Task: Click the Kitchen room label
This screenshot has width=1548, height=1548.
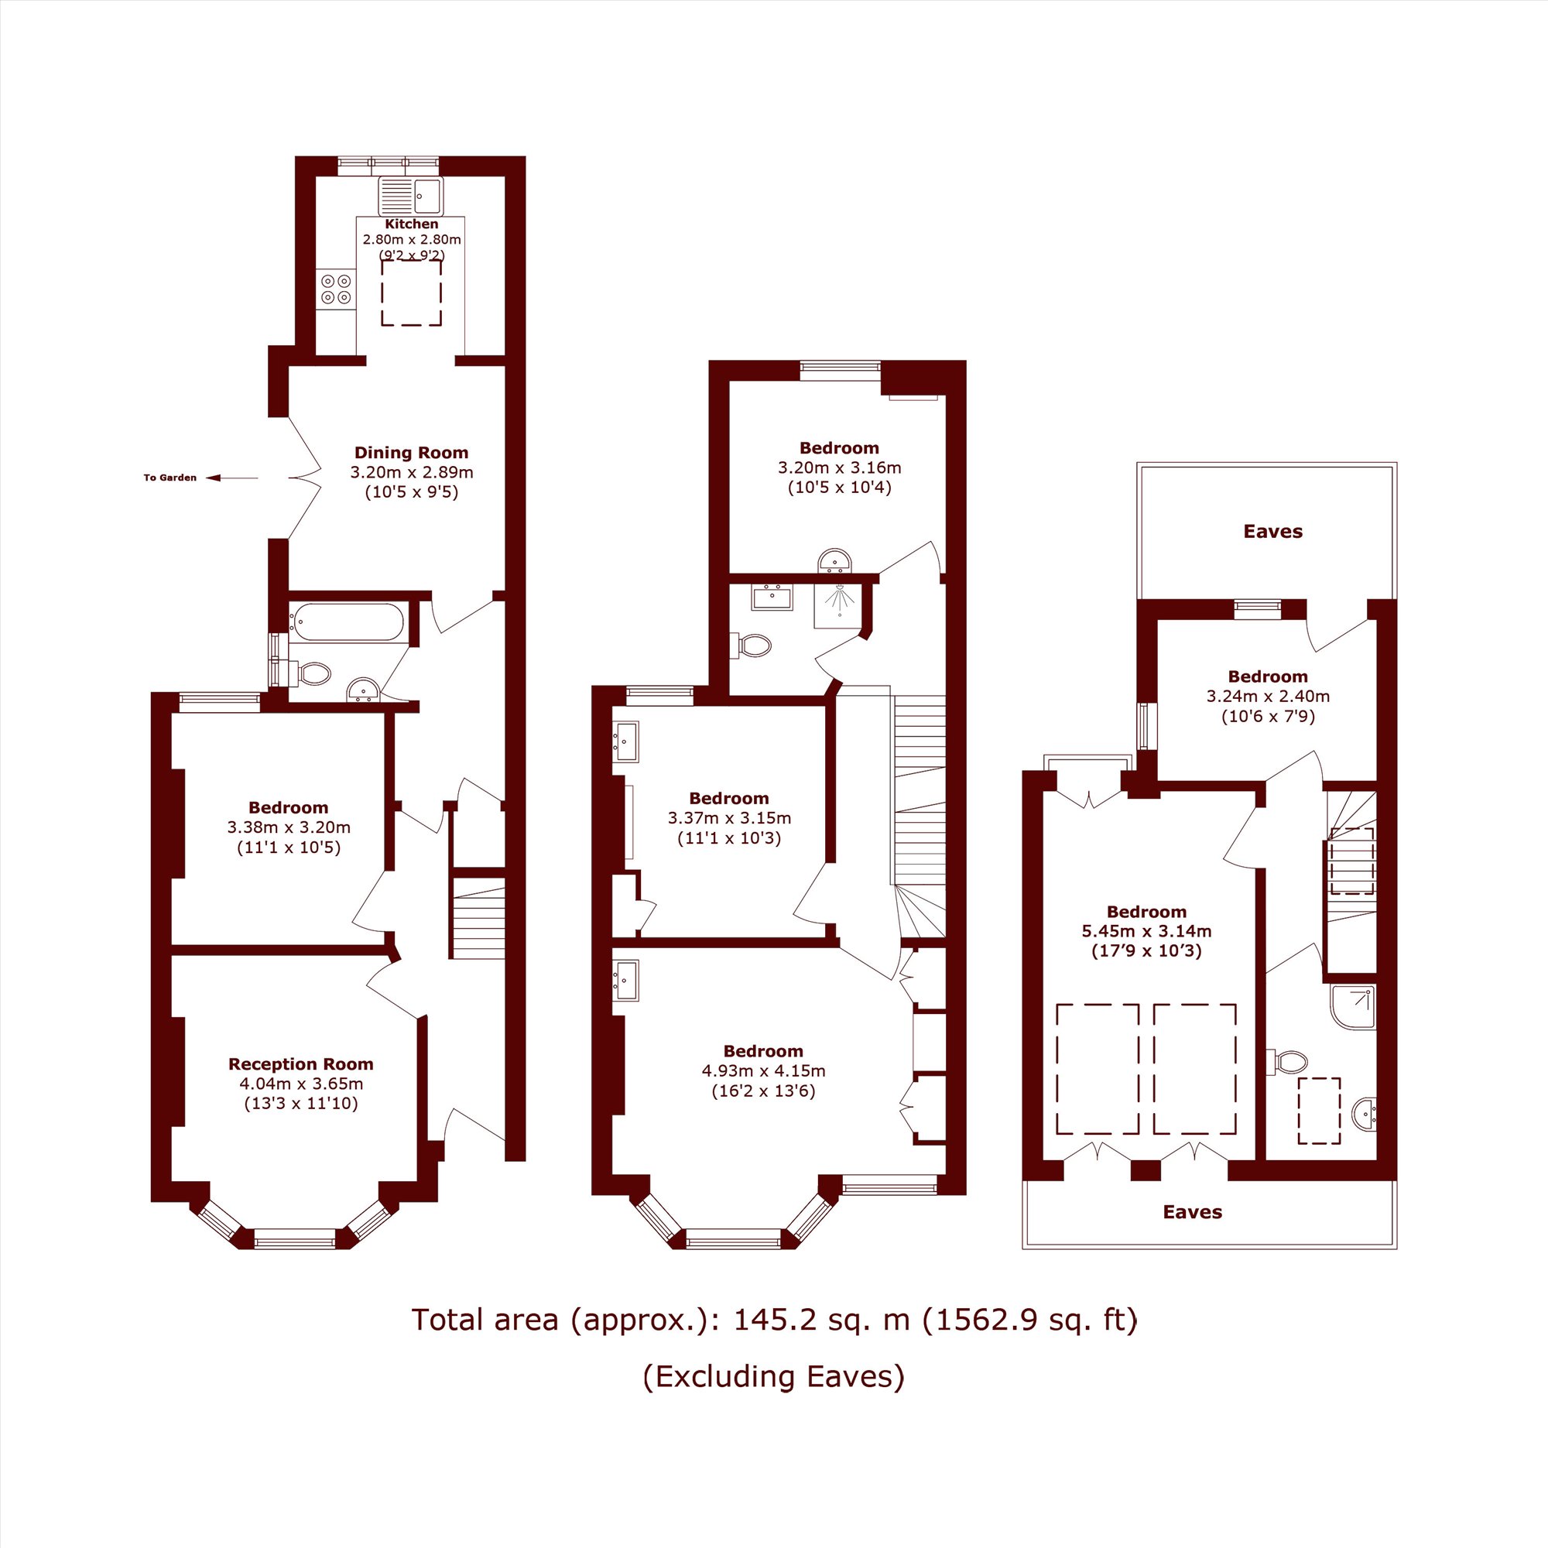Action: click(412, 224)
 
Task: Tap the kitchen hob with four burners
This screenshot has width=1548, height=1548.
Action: click(336, 289)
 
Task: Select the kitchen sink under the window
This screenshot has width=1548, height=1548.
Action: click(410, 197)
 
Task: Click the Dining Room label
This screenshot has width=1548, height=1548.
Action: click(411, 453)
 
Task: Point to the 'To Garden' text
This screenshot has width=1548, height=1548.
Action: click(170, 478)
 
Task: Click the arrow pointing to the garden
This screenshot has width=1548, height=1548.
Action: click(232, 478)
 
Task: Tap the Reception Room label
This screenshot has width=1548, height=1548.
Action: click(300, 1064)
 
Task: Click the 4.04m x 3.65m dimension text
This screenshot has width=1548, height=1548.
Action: click(300, 1084)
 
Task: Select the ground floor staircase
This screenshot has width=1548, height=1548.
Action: click(478, 918)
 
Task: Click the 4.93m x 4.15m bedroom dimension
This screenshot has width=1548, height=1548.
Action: click(763, 1071)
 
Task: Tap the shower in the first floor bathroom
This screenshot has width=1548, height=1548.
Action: click(837, 607)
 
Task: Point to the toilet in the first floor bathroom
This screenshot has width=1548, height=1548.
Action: click(751, 645)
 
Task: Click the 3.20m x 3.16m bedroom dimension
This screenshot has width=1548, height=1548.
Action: click(839, 468)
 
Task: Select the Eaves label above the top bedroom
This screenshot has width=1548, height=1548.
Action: click(1272, 531)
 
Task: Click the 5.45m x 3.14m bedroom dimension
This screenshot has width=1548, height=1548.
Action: click(1146, 932)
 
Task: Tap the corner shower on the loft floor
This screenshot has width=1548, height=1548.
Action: click(1352, 1007)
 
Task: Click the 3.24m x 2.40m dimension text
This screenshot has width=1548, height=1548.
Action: click(1268, 697)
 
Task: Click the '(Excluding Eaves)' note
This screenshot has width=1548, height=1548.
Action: click(773, 1375)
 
